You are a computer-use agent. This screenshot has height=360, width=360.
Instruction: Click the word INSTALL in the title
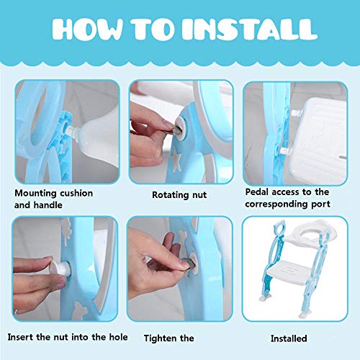[249, 30]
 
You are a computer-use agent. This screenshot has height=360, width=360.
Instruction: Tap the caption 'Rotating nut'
[179, 194]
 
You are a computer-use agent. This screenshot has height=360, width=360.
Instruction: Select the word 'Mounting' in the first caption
[35, 194]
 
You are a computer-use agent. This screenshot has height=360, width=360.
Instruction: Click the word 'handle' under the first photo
[48, 205]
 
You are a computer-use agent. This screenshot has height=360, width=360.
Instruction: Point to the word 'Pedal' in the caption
[257, 192]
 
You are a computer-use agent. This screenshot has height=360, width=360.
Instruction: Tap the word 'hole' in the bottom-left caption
[119, 337]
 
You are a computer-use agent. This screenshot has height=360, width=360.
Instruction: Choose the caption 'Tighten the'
[168, 338]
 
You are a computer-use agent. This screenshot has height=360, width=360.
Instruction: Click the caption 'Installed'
[289, 338]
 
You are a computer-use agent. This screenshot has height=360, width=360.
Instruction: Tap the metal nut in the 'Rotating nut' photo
[178, 130]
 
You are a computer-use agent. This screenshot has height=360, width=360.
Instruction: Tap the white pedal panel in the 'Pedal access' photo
[318, 140]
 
